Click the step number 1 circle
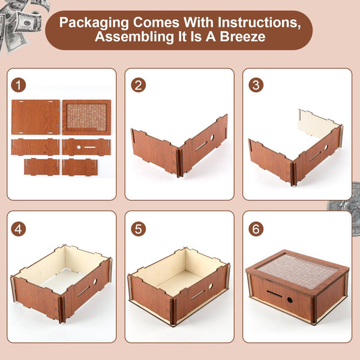pyautogui.click(x=19, y=85)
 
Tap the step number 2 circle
pyautogui.click(x=139, y=85)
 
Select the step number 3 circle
pyautogui.click(x=256, y=85)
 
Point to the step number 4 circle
pyautogui.click(x=19, y=229)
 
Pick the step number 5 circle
pyautogui.click(x=139, y=229)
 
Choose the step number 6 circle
pyautogui.click(x=256, y=229)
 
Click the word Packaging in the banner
pyautogui.click(x=94, y=23)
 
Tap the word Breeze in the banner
pyautogui.click(x=243, y=37)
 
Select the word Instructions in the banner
pyautogui.click(x=259, y=23)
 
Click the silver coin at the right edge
pyautogui.click(x=346, y=208)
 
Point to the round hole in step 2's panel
pyautogui.click(x=212, y=138)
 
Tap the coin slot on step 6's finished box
pyautogui.click(x=274, y=293)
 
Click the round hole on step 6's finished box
pyautogui.click(x=290, y=300)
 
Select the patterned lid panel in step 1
pyautogui.click(x=86, y=117)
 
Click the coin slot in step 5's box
pyautogui.click(x=197, y=295)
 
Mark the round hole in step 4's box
pyautogui.click(x=95, y=281)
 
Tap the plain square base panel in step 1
pyautogui.click(x=35, y=117)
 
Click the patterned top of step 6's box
pyautogui.click(x=298, y=271)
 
